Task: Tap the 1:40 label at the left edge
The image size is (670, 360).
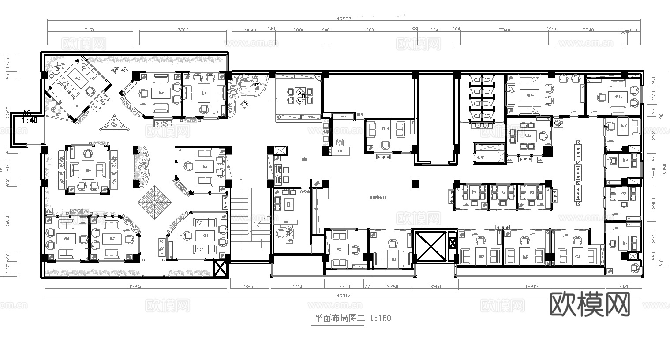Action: click(x=30, y=120)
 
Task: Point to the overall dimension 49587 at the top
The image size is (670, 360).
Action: click(x=344, y=19)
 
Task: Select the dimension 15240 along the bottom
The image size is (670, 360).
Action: click(x=135, y=287)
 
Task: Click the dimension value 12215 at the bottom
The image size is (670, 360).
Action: click(x=532, y=287)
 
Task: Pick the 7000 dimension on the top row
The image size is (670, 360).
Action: click(x=371, y=30)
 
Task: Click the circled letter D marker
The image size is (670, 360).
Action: click(x=245, y=104)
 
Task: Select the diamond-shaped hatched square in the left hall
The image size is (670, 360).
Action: click(x=155, y=201)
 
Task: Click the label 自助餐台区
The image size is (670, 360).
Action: click(x=378, y=198)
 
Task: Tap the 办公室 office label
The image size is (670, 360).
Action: click(x=304, y=192)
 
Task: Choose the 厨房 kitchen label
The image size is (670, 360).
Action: click(x=360, y=115)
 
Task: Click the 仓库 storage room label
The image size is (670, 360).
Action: click(x=480, y=157)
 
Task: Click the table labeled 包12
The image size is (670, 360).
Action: click(x=530, y=95)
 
